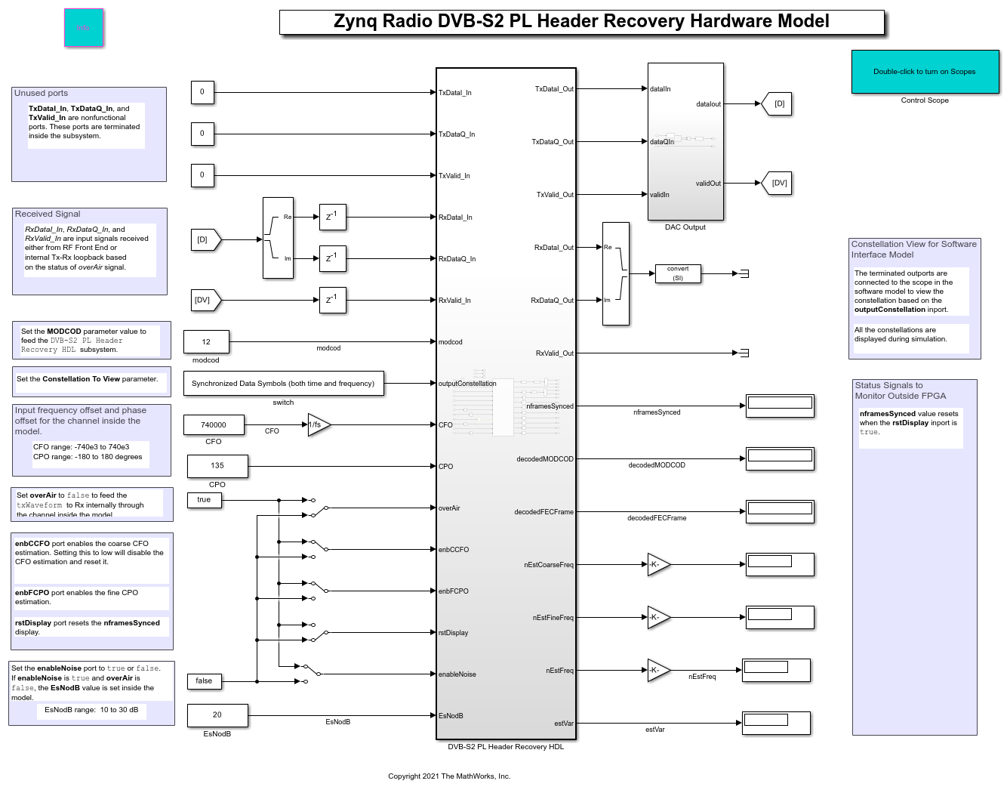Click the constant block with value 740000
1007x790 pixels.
pos(213,425)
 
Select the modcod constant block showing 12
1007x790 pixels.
pos(206,342)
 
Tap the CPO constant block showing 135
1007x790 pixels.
pos(217,466)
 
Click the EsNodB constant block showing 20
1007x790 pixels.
pos(217,715)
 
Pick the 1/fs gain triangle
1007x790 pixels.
pos(317,424)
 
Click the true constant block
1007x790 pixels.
pos(204,500)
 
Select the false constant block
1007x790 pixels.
pos(204,681)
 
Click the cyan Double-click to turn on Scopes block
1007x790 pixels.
pos(925,72)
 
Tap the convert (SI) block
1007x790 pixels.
pos(678,273)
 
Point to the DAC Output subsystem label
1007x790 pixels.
pos(685,227)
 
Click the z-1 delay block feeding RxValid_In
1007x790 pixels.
pos(332,300)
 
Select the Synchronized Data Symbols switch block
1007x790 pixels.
pos(283,384)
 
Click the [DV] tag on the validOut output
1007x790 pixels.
pos(778,183)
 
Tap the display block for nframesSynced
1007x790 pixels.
pos(780,406)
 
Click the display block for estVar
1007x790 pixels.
pos(776,723)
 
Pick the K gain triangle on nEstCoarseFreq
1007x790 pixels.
pos(657,564)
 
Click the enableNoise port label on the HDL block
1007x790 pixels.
pos(457,674)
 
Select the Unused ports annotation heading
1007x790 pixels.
pos(42,93)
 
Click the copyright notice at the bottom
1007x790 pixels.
pos(449,776)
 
